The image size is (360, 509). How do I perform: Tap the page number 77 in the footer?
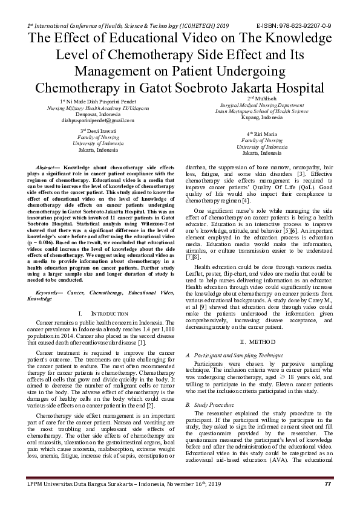click(328, 484)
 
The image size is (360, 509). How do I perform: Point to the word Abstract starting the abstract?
click(49, 166)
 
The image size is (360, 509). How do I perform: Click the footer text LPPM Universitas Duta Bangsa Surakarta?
click(91, 484)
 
